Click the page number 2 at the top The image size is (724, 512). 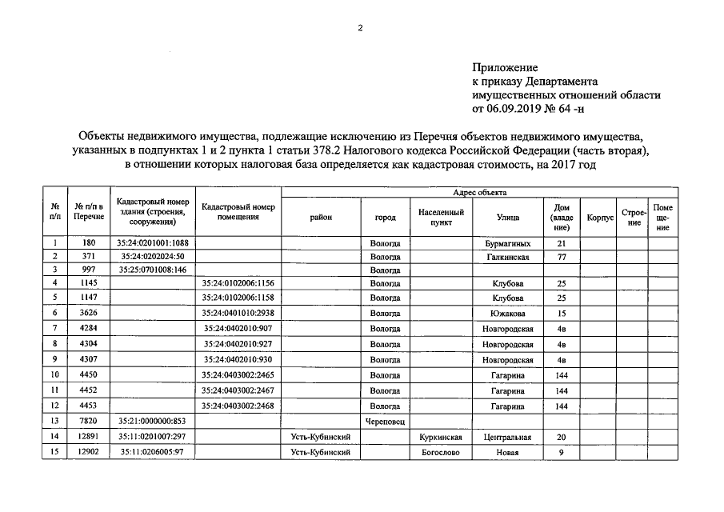coord(360,28)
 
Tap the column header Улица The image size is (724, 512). coord(508,217)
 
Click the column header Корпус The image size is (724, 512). coord(599,217)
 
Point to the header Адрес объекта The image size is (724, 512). coord(479,193)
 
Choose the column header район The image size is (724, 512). coord(321,217)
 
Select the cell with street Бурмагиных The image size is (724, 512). coord(508,242)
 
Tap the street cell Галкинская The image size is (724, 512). coord(508,256)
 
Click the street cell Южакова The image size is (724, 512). coord(508,313)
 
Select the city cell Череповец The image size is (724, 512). coord(385,420)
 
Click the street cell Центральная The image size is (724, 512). coord(508,438)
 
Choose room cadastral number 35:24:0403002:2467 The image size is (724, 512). coord(238,390)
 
